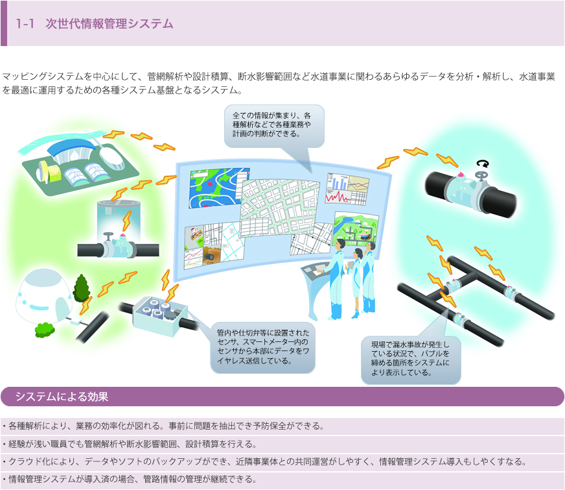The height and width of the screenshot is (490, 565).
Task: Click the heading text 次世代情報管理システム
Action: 109,24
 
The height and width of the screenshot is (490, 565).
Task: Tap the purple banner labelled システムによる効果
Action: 282,397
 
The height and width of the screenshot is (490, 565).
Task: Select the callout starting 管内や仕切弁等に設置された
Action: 262,347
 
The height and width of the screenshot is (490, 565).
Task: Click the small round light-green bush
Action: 43,329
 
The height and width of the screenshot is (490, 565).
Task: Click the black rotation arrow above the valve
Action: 481,164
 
